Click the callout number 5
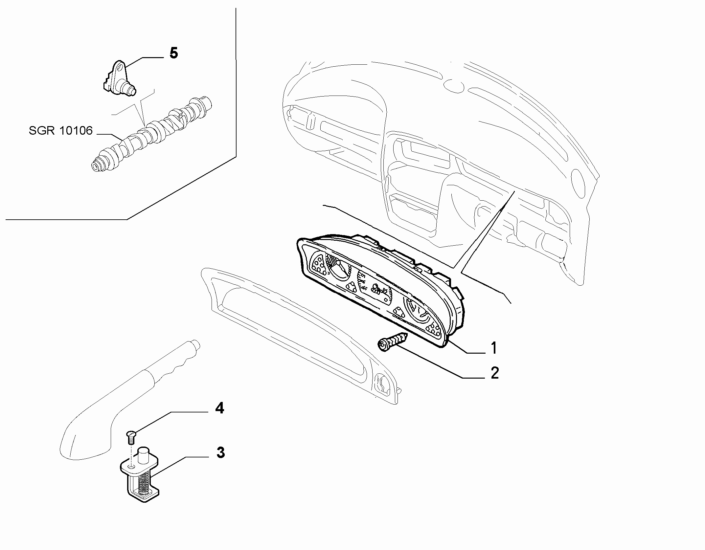pos(173,53)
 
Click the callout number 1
pos(493,348)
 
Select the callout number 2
pos(495,373)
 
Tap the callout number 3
pos(220,452)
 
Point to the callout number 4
pos(219,408)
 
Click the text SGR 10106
pos(61,130)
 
